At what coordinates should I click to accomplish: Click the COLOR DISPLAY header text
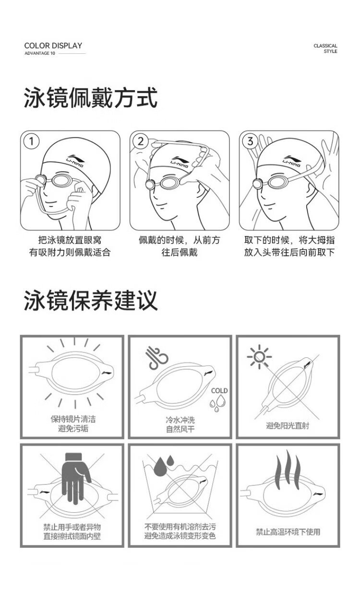pos(53,46)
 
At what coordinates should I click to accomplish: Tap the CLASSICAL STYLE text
pos(325,48)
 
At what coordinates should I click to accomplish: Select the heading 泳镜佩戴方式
pos(91,98)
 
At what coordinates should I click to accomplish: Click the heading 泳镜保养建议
pos(91,300)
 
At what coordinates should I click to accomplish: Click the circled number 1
pos(31,141)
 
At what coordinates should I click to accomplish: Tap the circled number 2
pos(141,141)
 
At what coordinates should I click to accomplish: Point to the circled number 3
pos(250,141)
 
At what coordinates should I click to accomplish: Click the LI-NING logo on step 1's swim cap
pos(75,161)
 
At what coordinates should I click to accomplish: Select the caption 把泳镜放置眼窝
pos(70,240)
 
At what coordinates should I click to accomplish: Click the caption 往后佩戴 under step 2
pos(180,253)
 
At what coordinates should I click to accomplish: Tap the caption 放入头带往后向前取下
pos(289,253)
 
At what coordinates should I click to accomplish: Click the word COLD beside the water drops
pos(219,391)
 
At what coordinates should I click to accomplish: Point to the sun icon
pos(259,357)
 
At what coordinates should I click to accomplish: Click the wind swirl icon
pos(158,358)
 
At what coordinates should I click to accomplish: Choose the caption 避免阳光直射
pos(288,425)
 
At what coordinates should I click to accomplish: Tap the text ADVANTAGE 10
pos(40,53)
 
